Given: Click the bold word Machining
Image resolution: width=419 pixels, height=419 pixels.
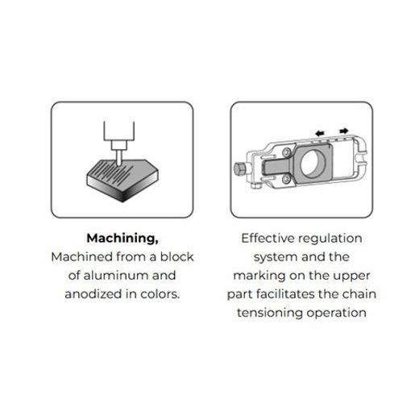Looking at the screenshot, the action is (122, 239).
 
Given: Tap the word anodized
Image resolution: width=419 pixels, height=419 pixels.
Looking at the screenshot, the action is (93, 294).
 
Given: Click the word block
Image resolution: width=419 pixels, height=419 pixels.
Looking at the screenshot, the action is (176, 257).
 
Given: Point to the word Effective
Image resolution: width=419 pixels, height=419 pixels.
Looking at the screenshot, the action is (268, 239).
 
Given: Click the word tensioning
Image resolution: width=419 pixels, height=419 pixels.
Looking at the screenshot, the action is (270, 313).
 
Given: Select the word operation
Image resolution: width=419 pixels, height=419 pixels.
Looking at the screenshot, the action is (336, 313).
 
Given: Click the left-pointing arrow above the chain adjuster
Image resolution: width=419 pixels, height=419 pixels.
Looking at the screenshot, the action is (320, 133).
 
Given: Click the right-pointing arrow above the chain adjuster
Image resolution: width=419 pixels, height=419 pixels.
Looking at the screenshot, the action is (344, 131).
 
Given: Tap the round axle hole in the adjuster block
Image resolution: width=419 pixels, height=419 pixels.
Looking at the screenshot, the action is (313, 163).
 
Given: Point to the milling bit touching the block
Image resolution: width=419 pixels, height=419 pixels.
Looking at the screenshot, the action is (118, 158).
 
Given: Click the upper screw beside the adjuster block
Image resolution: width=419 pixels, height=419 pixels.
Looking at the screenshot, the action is (287, 152).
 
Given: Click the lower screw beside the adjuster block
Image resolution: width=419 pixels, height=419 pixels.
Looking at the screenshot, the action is (286, 179).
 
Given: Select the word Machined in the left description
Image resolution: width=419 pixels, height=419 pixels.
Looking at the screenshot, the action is (82, 257).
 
